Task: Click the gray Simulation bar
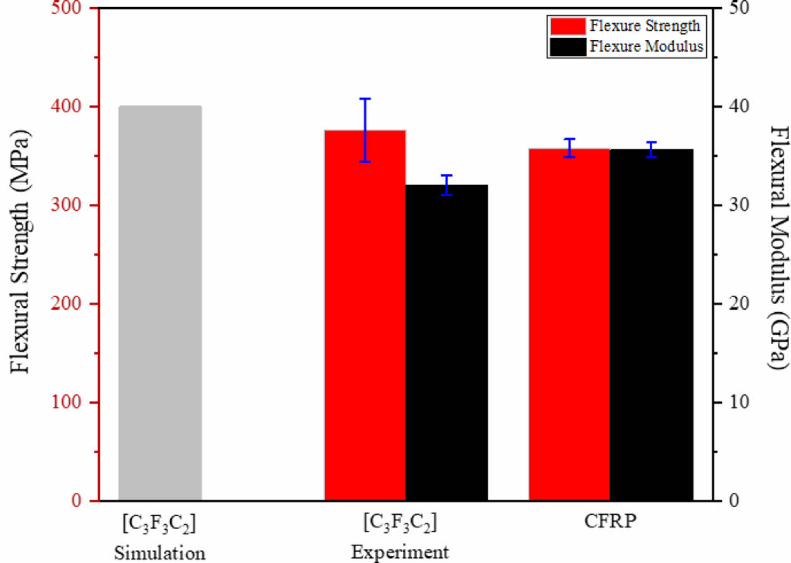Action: pos(160,303)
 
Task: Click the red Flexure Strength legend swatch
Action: pos(568,26)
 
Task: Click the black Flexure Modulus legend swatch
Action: pos(568,46)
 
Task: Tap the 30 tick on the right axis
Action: pos(731,206)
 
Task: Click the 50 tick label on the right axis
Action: pos(731,9)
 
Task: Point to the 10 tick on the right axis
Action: pos(731,402)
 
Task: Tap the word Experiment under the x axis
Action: pos(400,552)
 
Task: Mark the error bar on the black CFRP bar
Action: pos(652,150)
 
